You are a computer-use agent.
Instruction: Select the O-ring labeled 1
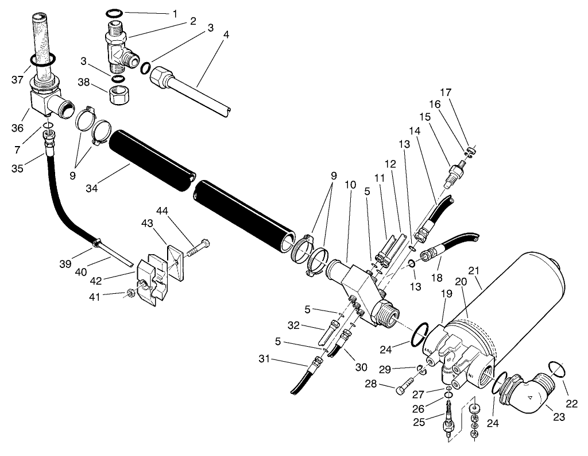coord(114,13)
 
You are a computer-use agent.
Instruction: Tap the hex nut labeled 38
coord(120,94)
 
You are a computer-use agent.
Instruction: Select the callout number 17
coord(446,91)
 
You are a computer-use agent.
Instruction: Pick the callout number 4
coord(226,35)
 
